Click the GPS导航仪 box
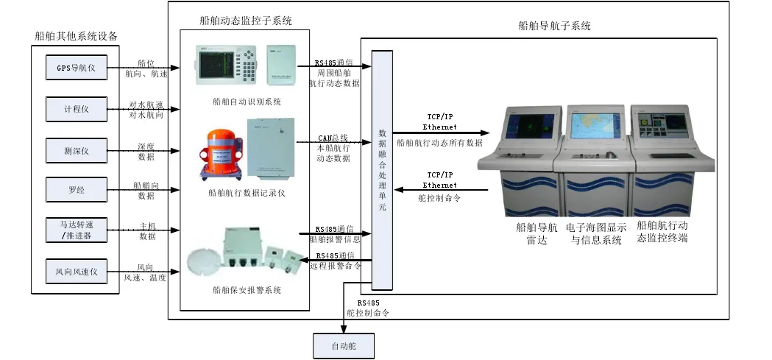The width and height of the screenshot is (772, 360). [x=77, y=70]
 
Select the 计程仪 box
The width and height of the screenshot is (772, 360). [x=77, y=110]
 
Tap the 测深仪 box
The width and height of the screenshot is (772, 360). [x=77, y=151]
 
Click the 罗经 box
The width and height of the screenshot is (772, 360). [x=77, y=190]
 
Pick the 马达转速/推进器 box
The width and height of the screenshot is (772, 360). [x=77, y=230]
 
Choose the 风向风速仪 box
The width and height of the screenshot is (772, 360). [x=77, y=272]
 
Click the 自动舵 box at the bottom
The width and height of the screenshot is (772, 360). [x=344, y=345]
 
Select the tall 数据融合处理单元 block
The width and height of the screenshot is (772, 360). [x=382, y=169]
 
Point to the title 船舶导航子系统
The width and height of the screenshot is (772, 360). [x=554, y=26]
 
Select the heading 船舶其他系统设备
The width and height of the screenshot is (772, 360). [x=76, y=35]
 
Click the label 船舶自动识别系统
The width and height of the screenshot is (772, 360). [x=246, y=102]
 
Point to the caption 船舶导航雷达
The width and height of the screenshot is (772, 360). [x=537, y=233]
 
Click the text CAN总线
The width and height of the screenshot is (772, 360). [x=333, y=138]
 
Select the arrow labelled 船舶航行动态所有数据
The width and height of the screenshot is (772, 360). [x=439, y=133]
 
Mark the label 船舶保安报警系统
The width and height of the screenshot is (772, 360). [x=246, y=290]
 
